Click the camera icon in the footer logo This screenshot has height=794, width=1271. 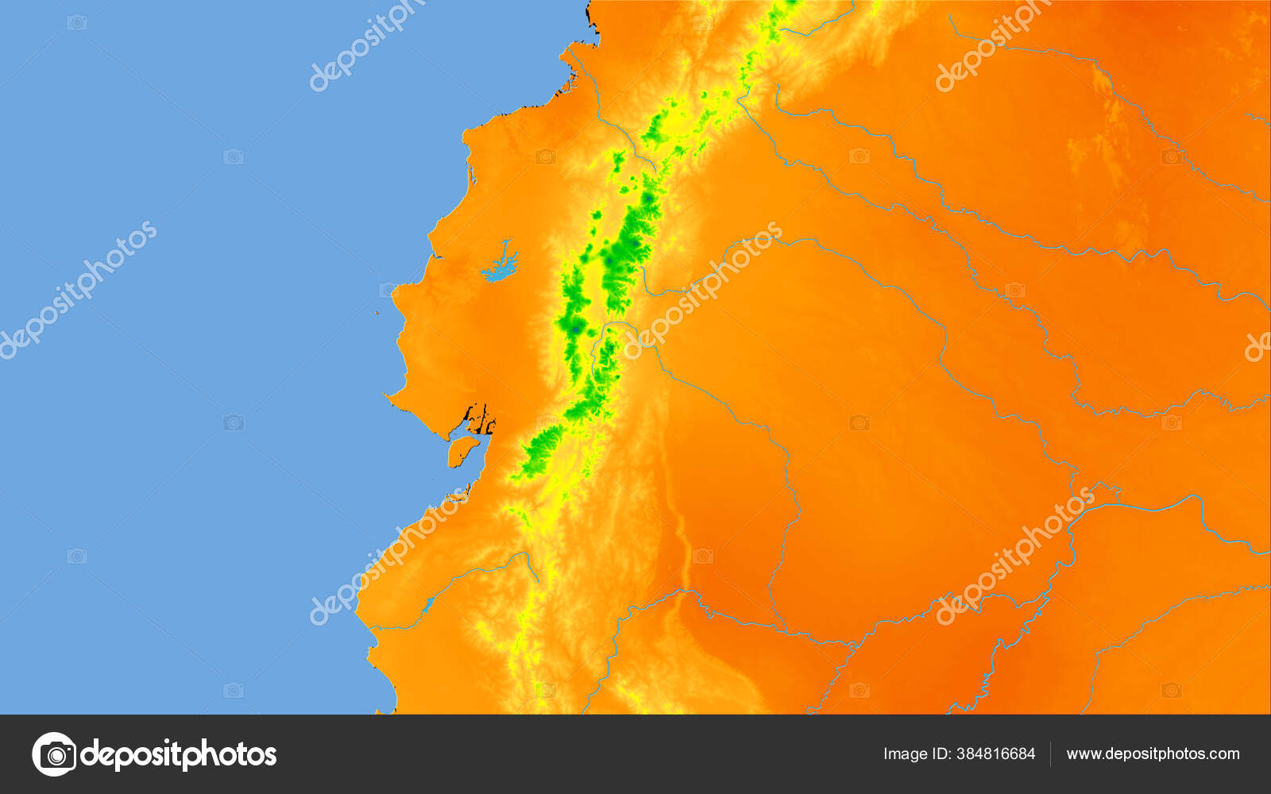coord(54,754)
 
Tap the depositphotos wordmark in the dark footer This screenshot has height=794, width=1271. coord(179,754)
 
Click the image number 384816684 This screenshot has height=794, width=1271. coord(998,754)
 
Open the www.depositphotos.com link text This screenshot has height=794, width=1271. coord(1153,754)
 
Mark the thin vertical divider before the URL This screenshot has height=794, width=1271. coord(1050,754)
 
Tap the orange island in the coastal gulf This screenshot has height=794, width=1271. coord(462,450)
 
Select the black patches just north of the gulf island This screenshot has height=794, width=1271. coord(480,418)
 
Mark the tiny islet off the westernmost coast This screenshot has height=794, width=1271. coord(378,312)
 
